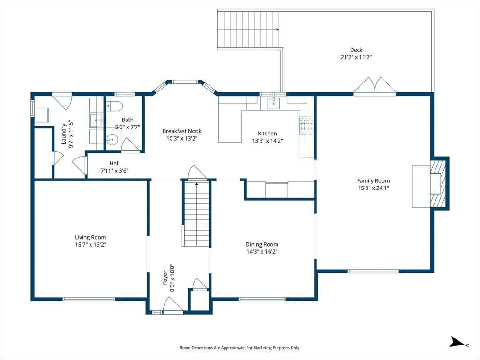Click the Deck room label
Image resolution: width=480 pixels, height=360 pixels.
tap(356, 50)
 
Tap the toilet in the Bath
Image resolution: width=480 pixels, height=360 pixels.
tap(114, 106)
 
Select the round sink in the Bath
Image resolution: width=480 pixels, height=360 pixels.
tap(112, 140)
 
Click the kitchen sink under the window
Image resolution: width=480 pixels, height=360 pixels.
tap(273, 103)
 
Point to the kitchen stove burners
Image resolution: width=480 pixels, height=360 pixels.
tap(306, 126)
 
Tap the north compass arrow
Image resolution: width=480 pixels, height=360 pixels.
tap(457, 342)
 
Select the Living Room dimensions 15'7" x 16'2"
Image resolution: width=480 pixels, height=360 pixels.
tap(90, 245)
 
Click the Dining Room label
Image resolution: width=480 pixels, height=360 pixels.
tap(262, 244)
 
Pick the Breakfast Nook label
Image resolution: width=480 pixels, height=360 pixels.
tap(182, 131)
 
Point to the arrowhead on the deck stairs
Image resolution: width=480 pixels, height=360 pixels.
tap(277, 30)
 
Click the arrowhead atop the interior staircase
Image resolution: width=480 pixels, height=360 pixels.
tap(196, 184)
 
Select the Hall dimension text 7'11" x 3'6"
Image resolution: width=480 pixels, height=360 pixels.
tap(114, 171)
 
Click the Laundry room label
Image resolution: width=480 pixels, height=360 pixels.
tap(64, 134)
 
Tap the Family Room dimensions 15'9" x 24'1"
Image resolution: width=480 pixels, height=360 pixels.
tap(374, 188)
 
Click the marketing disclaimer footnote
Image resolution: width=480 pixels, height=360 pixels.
tap(240, 348)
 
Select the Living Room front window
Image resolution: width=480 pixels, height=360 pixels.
tap(89, 299)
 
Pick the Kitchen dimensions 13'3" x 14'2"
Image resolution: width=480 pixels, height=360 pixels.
tap(268, 141)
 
